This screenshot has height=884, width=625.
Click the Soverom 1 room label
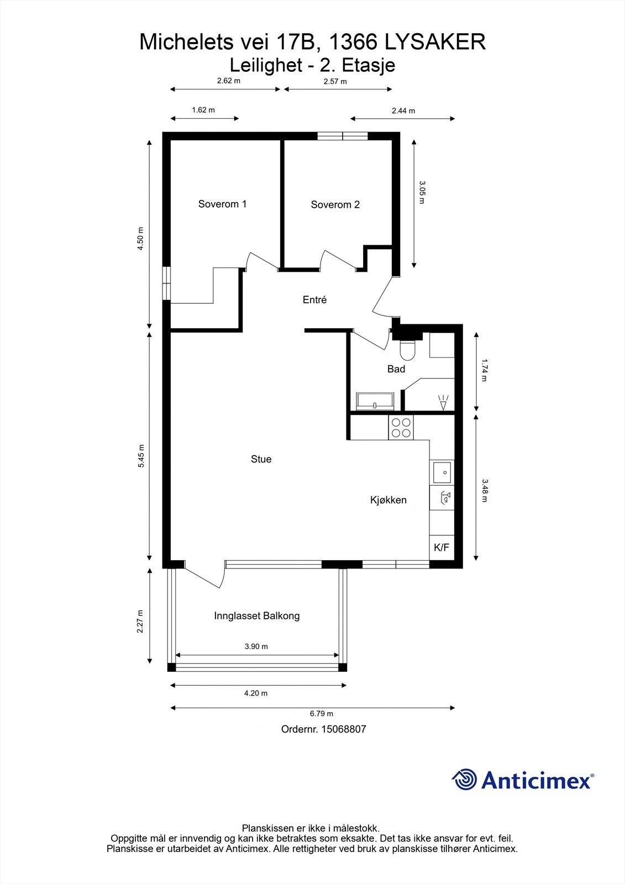click(x=222, y=204)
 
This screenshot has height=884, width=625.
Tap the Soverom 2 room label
click(x=335, y=204)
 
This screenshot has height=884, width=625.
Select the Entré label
click(x=314, y=300)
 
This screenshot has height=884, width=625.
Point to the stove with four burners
click(x=401, y=428)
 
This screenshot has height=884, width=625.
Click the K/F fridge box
click(x=442, y=548)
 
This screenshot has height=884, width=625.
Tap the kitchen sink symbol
click(x=442, y=472)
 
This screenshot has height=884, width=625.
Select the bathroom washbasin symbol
click(x=375, y=402)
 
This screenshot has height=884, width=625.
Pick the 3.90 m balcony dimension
click(x=256, y=646)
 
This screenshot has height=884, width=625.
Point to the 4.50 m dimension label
click(x=140, y=239)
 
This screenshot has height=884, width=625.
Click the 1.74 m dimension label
click(x=485, y=370)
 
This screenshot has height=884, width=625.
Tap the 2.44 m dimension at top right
click(x=403, y=110)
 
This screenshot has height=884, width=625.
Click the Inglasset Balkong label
click(x=256, y=615)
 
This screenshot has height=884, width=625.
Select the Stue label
click(x=261, y=459)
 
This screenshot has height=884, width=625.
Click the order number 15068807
click(x=323, y=729)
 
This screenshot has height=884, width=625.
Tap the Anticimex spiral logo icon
click(x=464, y=780)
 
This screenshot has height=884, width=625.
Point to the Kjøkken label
click(x=388, y=500)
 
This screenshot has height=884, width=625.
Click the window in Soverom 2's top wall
click(x=342, y=136)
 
